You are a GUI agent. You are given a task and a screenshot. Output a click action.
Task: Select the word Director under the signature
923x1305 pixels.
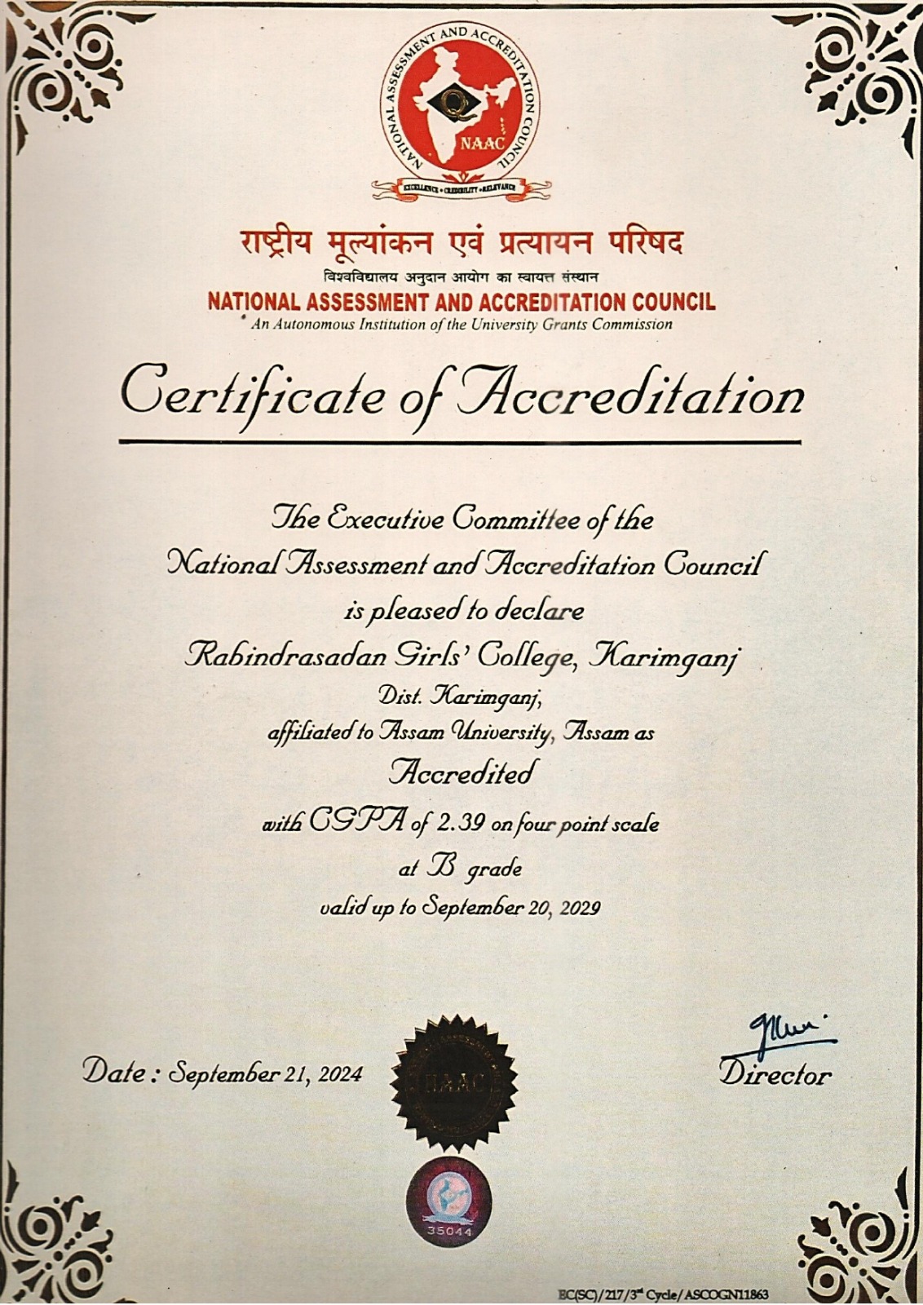pos(775,1075)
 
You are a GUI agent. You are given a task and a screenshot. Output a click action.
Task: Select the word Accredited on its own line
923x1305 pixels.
pos(462,772)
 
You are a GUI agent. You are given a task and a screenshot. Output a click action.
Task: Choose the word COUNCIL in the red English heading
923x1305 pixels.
pos(674,303)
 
